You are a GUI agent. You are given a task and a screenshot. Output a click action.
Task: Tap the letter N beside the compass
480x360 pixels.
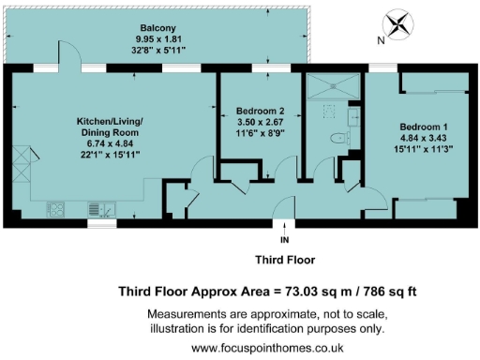pyautogui.click(x=382, y=40)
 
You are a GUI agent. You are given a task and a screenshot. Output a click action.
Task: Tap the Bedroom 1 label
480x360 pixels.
pyautogui.click(x=424, y=127)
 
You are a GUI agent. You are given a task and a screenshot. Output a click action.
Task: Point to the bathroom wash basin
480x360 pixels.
pyautogui.click(x=353, y=116)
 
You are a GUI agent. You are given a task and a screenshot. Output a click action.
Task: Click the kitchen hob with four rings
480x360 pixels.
pyautogui.click(x=55, y=209)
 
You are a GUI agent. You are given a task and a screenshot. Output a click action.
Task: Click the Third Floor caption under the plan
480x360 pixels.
pyautogui.click(x=285, y=260)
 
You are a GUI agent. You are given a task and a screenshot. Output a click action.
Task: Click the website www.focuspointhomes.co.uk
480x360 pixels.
pyautogui.click(x=267, y=347)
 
